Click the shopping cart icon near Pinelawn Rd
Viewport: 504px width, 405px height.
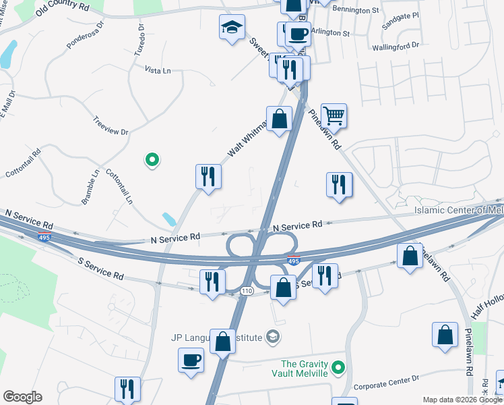point(334,115)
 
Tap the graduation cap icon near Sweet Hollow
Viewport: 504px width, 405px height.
point(231,28)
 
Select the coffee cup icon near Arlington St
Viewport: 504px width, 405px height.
point(297,33)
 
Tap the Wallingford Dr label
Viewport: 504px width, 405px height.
point(396,46)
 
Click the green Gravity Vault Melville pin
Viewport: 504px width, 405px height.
point(339,368)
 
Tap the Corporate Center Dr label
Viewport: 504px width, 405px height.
point(387,381)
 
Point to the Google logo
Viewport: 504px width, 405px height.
point(22,396)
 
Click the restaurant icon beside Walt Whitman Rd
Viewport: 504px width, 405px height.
point(208,177)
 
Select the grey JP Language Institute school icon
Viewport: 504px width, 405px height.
point(273,336)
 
